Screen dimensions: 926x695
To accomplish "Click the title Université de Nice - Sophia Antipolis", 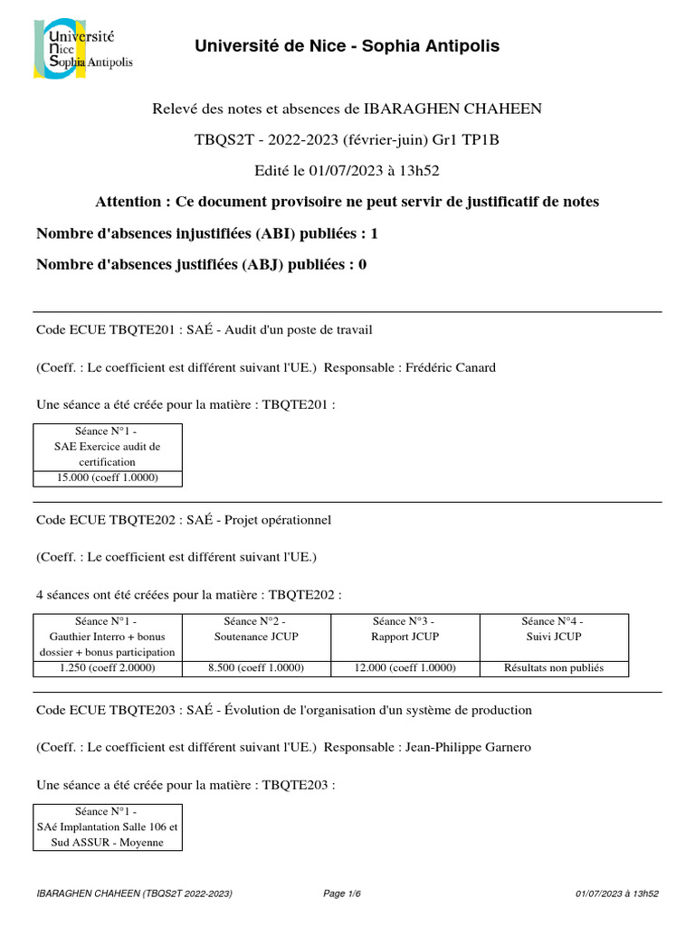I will pos(347,46).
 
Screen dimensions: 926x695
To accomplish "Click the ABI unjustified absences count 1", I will pos(374,233).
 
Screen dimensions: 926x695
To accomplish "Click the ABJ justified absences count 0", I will pos(362,265).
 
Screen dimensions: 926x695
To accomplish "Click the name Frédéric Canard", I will pos(451,367).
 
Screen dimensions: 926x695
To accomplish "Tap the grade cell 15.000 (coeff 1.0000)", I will pos(108,477).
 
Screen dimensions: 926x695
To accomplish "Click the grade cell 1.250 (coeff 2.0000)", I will pos(108,668).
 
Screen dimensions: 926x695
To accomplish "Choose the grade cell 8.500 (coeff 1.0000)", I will pos(256,668).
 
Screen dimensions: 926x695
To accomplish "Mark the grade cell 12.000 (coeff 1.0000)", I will pos(405,668).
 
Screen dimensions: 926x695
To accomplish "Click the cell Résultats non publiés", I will pos(554,668).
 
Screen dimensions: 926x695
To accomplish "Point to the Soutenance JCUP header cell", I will pos(256,629).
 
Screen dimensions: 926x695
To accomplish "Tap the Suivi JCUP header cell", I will pos(554,629).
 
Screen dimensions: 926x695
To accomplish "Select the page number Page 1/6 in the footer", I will pos(342,894).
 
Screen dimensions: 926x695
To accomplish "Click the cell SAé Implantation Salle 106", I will pos(108,827).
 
